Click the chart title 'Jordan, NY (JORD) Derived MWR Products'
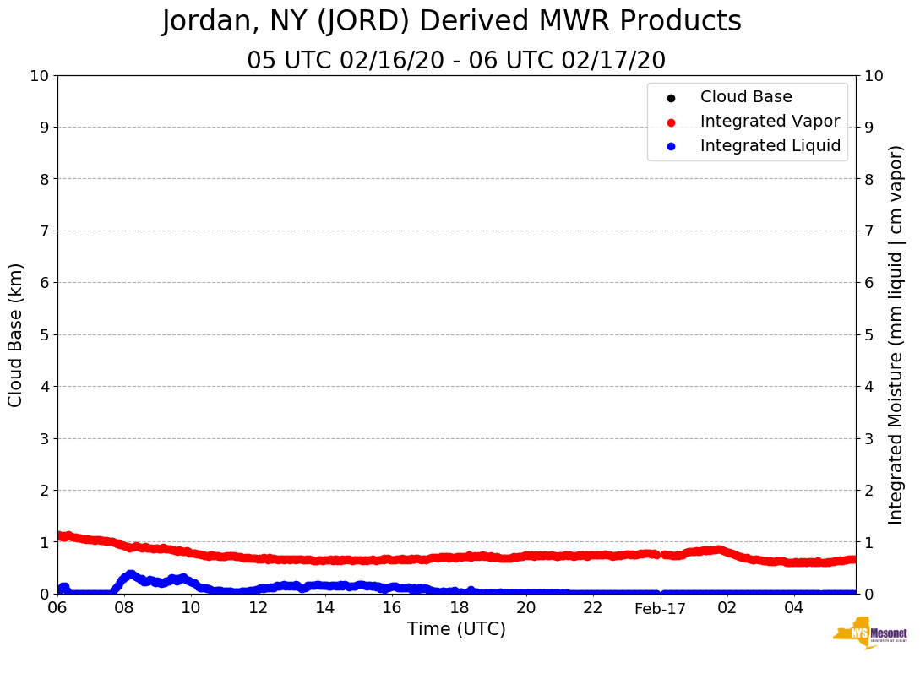point(451,22)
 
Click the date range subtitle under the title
point(456,61)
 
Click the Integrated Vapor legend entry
point(770,122)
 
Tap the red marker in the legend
point(671,122)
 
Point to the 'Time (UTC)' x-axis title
point(456,629)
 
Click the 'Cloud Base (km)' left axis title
point(16,334)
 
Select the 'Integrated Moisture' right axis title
point(896,334)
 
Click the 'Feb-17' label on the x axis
point(660,608)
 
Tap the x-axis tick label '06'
point(57,608)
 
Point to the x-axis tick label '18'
point(459,608)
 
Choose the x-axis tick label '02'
point(727,608)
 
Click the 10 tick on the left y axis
point(39,76)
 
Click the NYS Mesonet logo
point(870,633)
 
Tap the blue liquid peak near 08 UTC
point(130,574)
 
